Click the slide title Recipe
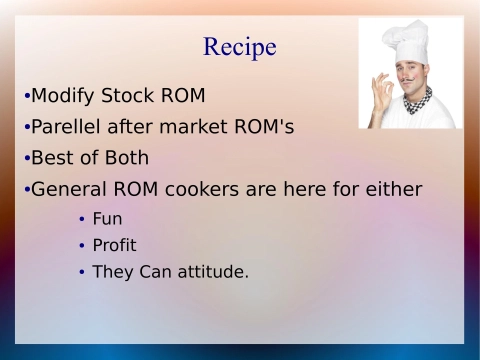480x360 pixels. click(x=240, y=47)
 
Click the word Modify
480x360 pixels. click(x=62, y=97)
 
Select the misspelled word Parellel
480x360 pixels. click(x=68, y=128)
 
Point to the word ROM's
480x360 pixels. click(x=266, y=128)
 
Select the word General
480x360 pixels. click(x=71, y=189)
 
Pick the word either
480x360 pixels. click(x=394, y=189)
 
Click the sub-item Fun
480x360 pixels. click(x=107, y=218)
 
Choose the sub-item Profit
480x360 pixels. click(x=114, y=245)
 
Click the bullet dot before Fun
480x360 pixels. click(x=81, y=219)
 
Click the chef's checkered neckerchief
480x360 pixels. click(x=419, y=100)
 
